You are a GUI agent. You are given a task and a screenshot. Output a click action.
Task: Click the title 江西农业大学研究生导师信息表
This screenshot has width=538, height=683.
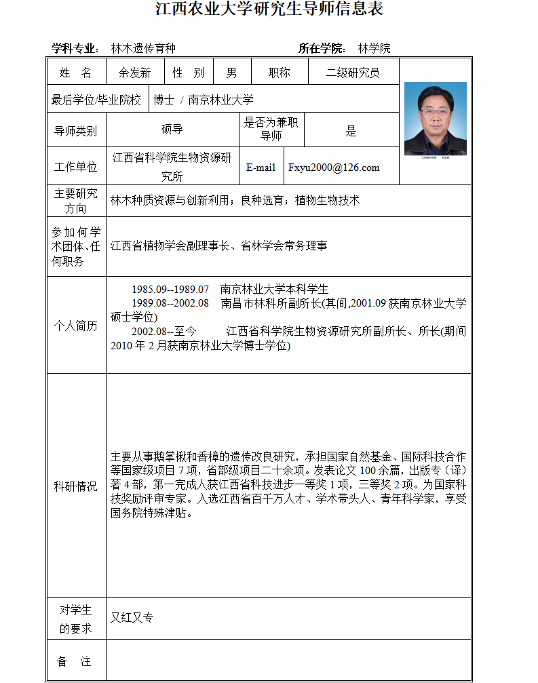pyautogui.click(x=269, y=9)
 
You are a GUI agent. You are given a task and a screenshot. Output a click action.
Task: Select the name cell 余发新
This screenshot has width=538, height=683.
pyautogui.click(x=134, y=73)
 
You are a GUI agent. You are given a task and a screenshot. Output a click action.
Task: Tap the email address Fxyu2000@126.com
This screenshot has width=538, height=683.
pyautogui.click(x=334, y=168)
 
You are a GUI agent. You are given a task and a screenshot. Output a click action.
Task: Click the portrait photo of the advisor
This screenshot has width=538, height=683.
pyautogui.click(x=435, y=119)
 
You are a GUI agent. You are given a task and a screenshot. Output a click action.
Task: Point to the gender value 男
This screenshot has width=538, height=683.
pyautogui.click(x=231, y=73)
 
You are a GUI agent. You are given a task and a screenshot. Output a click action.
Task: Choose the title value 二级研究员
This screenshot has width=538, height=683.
pyautogui.click(x=353, y=73)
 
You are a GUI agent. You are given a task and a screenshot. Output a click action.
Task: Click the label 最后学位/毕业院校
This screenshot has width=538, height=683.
pyautogui.click(x=96, y=100)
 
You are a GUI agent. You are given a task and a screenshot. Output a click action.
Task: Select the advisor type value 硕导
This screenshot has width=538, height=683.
pyautogui.click(x=172, y=130)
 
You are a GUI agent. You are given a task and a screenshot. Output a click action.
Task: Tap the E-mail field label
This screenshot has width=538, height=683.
pyautogui.click(x=261, y=168)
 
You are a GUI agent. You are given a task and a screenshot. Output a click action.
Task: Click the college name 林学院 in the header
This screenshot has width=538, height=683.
pyautogui.click(x=374, y=48)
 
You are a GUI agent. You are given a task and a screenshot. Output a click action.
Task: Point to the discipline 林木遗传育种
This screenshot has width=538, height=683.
pyautogui.click(x=143, y=48)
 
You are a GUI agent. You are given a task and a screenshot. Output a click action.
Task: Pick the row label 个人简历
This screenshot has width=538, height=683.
pyautogui.click(x=75, y=326)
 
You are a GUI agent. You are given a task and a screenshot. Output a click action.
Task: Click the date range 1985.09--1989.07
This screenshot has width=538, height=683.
pyautogui.click(x=170, y=290)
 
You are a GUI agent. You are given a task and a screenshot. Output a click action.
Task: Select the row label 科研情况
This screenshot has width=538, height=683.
pyautogui.click(x=75, y=486)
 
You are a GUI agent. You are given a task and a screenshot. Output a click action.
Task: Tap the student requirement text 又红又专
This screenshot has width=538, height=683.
pyautogui.click(x=132, y=617)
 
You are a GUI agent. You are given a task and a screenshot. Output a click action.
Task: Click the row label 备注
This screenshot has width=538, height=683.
pyautogui.click(x=75, y=661)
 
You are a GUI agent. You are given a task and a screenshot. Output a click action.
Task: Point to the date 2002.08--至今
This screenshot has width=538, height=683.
pyautogui.click(x=164, y=332)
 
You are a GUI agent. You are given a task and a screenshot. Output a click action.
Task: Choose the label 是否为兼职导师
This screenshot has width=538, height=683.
pyautogui.click(x=271, y=129)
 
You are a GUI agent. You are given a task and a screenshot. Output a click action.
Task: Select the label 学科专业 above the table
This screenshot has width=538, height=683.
pyautogui.click(x=75, y=48)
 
